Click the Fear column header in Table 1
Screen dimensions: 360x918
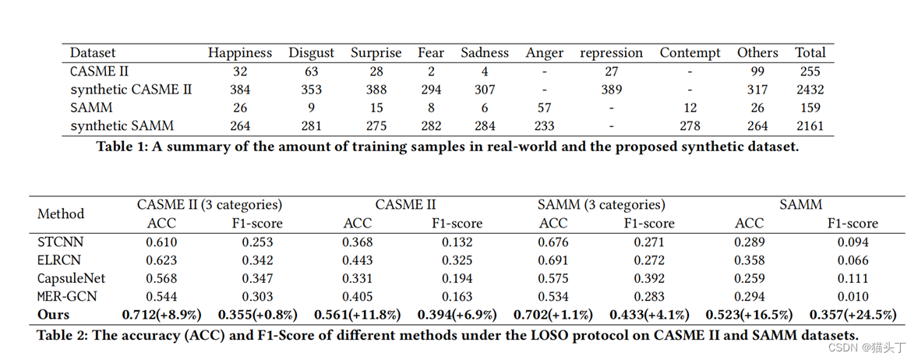pos(430,53)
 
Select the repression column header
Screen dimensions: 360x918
pos(611,53)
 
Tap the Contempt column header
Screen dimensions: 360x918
pos(690,53)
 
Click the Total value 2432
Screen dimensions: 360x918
pos(810,90)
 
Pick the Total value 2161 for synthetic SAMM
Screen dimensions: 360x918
pos(810,125)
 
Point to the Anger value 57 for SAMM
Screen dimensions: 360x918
pos(544,108)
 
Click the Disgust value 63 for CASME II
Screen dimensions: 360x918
pos(311,71)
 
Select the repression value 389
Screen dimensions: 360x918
pos(611,90)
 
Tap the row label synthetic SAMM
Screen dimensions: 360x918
pos(122,125)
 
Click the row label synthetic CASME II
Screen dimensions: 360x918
pos(131,90)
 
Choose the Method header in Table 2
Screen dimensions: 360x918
pos(61,214)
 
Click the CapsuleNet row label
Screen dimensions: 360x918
pos(71,278)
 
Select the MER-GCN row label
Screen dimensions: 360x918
pos(68,296)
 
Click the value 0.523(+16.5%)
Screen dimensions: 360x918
pos(749,315)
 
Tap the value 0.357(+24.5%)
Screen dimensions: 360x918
pos(853,315)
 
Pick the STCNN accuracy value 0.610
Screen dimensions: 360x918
pos(161,242)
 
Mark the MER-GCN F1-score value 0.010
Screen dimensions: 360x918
pos(853,296)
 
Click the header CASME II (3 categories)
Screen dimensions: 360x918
pos(210,205)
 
